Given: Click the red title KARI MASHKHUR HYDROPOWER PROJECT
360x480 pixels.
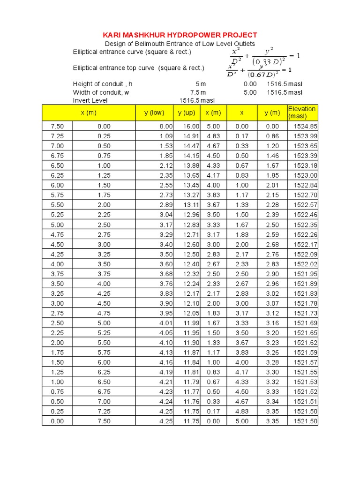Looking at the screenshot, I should (180, 35).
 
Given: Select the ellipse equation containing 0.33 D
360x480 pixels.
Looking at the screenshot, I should (262, 56).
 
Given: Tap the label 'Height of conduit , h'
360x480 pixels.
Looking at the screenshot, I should (103, 84).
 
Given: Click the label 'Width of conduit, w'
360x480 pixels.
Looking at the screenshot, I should (101, 92).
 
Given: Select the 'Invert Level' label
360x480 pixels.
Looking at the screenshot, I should (90, 100).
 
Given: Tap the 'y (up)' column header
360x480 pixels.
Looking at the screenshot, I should (186, 112).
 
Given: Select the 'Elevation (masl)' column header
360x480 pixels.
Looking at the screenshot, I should (302, 112).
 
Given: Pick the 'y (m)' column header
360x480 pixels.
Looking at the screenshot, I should (272, 112).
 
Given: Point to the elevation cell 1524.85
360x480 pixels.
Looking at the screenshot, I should (305, 126).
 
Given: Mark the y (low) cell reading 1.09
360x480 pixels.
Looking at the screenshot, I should (166, 136).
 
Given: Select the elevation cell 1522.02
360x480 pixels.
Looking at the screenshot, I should (305, 264).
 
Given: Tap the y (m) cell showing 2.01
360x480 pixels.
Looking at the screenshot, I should (272, 185).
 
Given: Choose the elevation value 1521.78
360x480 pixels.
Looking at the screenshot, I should (305, 303).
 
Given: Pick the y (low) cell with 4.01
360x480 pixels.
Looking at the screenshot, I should (166, 323).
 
